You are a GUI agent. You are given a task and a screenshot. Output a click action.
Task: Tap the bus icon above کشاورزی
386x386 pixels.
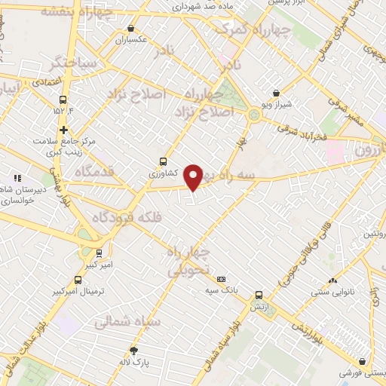click(x=163, y=161)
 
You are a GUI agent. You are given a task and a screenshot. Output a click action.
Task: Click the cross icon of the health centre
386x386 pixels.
click(x=63, y=130)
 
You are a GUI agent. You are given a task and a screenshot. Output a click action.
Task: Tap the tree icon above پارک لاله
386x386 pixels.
click(x=134, y=351)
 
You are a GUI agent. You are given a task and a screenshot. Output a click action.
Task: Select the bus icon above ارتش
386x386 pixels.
click(x=259, y=295)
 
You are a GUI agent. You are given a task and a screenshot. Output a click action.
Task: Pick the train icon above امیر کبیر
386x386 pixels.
click(x=100, y=253)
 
